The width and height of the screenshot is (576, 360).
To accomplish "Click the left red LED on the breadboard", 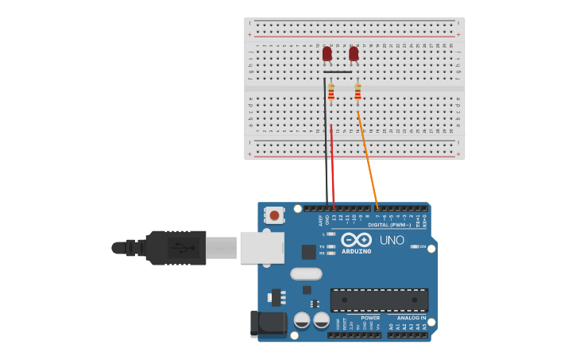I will (x=327, y=53).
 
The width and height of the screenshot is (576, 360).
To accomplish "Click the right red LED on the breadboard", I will (x=354, y=53).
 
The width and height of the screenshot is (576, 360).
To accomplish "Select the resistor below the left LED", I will (x=331, y=91).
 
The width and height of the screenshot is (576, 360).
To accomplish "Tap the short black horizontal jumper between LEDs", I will (x=338, y=72).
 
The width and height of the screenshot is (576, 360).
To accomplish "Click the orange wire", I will (x=368, y=159).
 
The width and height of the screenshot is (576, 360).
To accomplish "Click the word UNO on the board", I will (x=392, y=240).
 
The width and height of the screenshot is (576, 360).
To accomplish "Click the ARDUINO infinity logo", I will (x=356, y=239).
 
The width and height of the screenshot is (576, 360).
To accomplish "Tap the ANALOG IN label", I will (x=412, y=317).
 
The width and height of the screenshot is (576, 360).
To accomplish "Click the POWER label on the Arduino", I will (x=348, y=317).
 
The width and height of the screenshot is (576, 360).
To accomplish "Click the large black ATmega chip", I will (x=379, y=300).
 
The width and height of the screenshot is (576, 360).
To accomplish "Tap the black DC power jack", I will (x=268, y=323).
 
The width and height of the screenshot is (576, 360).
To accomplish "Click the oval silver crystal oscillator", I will (x=306, y=274).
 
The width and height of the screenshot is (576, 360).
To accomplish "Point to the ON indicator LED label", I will (x=422, y=246).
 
